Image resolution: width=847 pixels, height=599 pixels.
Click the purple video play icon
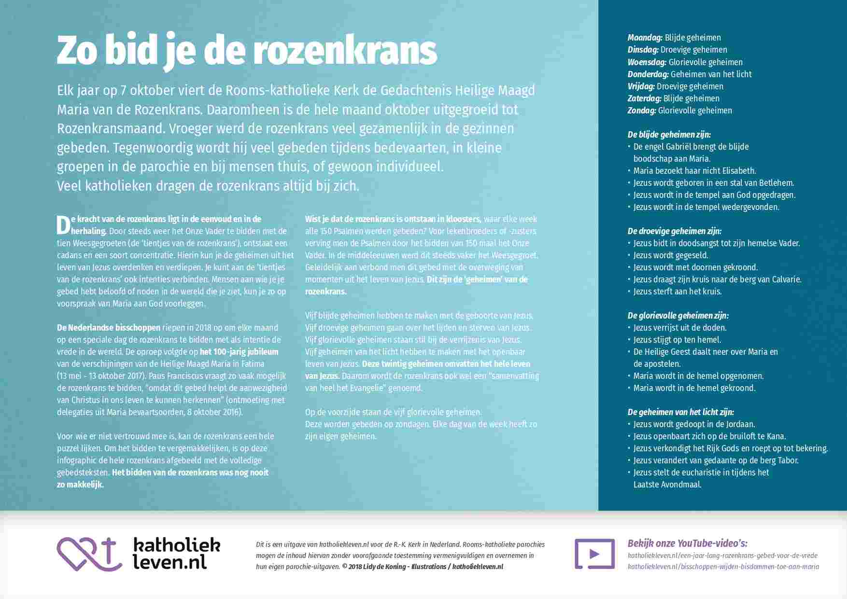[594, 554]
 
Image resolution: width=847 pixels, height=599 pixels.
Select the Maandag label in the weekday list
[645, 38]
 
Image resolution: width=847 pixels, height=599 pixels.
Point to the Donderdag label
[648, 74]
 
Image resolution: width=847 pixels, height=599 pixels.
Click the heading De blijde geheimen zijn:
[669, 135]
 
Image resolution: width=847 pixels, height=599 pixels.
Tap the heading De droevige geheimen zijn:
[674, 231]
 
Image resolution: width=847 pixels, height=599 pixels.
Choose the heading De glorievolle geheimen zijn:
[678, 316]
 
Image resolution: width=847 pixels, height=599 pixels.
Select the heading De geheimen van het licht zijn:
[680, 412]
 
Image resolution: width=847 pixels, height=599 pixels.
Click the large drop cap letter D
[64, 225]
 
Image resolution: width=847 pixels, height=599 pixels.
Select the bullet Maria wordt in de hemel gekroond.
[694, 388]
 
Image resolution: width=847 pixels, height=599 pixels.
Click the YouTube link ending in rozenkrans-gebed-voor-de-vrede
[722, 556]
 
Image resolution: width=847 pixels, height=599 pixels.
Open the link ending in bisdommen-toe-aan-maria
[723, 567]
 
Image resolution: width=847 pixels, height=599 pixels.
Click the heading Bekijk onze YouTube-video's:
[688, 543]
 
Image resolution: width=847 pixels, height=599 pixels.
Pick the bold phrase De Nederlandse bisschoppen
[109, 328]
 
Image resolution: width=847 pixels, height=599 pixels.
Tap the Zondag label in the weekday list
[642, 111]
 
